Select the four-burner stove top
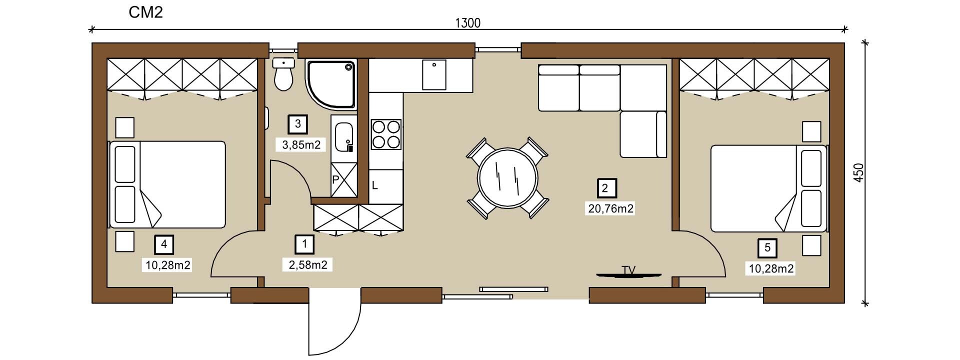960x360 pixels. (386, 134)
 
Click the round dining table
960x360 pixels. (508, 178)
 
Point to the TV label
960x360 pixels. (628, 270)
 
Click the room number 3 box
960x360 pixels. (298, 124)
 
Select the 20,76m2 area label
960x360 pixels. (610, 208)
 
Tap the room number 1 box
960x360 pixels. (304, 244)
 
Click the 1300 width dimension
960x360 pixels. (468, 23)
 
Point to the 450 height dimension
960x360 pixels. (859, 172)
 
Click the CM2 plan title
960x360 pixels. (145, 12)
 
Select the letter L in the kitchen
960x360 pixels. (374, 186)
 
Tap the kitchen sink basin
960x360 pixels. (434, 74)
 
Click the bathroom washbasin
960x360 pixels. (344, 137)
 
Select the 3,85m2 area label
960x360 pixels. (301, 145)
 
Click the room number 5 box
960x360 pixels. (767, 248)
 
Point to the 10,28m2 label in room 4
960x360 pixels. (168, 265)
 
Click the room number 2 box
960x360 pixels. (605, 188)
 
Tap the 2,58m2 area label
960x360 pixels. (308, 265)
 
